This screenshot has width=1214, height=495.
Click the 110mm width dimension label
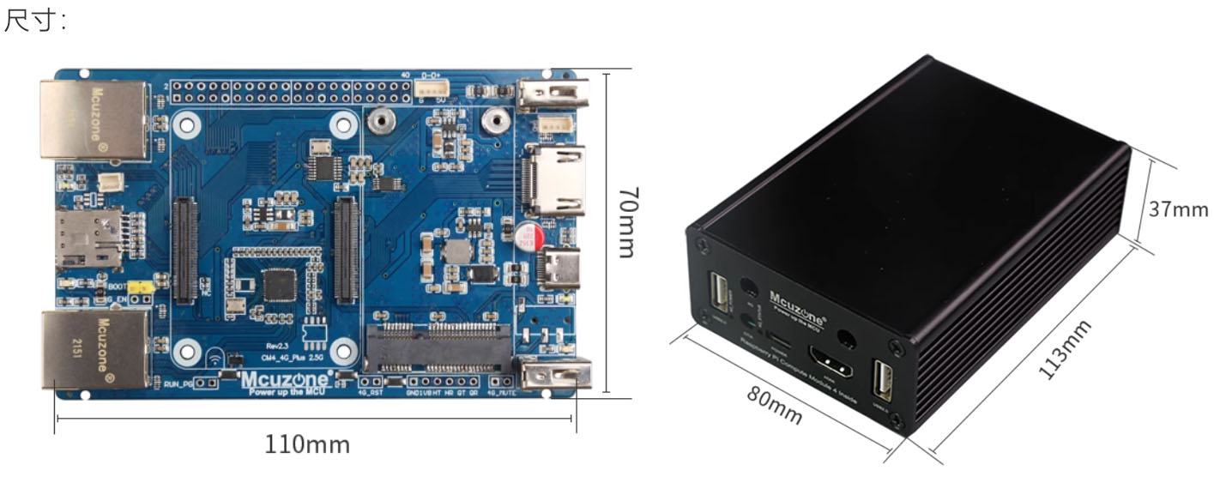[307, 445]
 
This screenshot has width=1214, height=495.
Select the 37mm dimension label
[1178, 209]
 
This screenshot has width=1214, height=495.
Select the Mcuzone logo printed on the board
[286, 379]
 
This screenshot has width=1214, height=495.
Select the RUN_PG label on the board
[178, 383]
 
